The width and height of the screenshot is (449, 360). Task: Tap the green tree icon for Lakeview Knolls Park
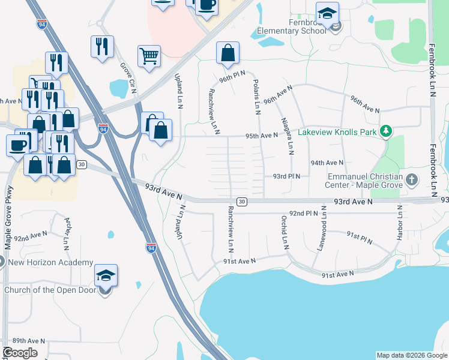point(387,131)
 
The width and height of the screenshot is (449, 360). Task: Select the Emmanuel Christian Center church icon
point(412,179)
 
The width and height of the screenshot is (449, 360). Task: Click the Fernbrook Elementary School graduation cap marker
point(327,14)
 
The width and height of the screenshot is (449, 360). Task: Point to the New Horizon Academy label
point(50,262)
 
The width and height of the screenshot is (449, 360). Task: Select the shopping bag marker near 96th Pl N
point(228,54)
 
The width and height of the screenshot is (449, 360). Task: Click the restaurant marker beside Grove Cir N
point(102,47)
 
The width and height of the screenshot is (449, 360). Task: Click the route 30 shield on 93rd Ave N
point(241,202)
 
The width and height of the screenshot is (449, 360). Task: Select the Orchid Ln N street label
point(285,232)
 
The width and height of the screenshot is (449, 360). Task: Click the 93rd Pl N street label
point(286,176)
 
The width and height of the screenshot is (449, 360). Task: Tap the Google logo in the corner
point(20,353)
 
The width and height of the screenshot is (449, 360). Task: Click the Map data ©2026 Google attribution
point(412,355)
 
